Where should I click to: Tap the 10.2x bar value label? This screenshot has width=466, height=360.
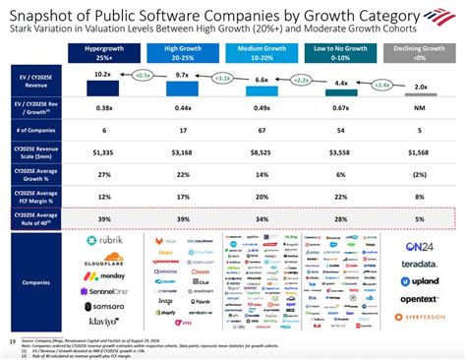pyautogui.click(x=101, y=74)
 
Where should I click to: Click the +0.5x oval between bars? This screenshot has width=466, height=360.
pyautogui.click(x=144, y=74)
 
